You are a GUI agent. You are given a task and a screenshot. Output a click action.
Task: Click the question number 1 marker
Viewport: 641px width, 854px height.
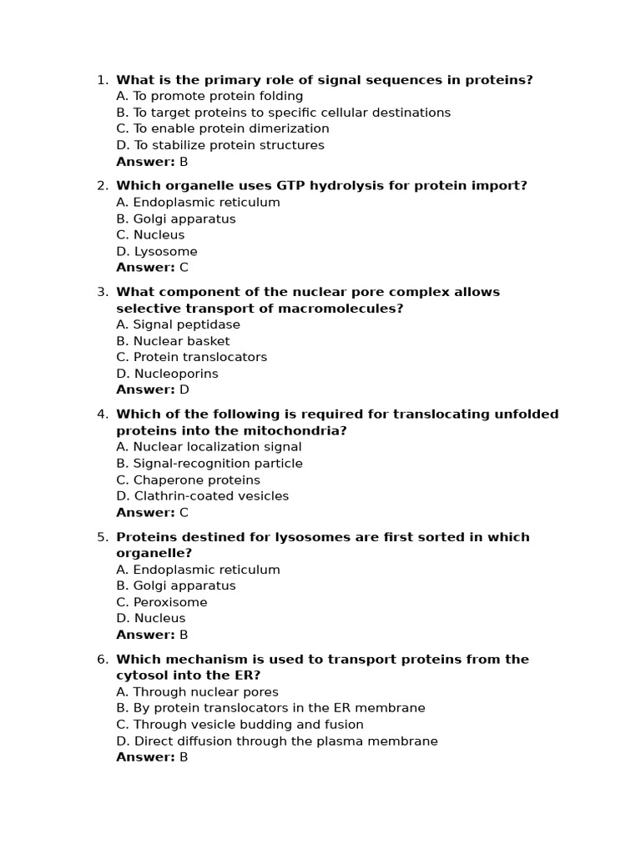click(x=102, y=80)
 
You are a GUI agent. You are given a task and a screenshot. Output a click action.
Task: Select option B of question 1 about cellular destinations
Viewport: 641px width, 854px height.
click(x=283, y=113)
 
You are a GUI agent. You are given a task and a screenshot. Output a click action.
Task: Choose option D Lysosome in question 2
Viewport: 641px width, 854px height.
click(x=157, y=251)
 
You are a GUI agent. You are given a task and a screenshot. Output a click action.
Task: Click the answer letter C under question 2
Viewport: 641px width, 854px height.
click(x=184, y=268)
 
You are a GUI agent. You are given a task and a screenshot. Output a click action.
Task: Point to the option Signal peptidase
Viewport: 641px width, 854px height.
click(x=178, y=324)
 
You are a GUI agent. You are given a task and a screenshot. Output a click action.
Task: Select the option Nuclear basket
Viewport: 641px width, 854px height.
click(x=173, y=341)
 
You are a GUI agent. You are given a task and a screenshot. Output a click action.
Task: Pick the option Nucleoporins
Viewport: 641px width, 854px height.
click(x=167, y=374)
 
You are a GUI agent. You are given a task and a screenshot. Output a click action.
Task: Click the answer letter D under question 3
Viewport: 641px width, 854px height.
click(x=184, y=389)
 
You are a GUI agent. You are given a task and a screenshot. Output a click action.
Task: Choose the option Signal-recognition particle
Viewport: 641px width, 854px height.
click(x=209, y=463)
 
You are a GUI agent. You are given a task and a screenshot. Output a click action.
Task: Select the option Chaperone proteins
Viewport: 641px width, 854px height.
click(x=188, y=480)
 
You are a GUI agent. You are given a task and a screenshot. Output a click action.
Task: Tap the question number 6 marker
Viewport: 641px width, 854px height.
click(x=102, y=660)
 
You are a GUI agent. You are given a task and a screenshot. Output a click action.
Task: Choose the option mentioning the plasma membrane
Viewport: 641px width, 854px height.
click(x=276, y=741)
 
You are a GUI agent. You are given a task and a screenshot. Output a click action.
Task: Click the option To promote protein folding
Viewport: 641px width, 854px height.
click(x=209, y=96)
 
